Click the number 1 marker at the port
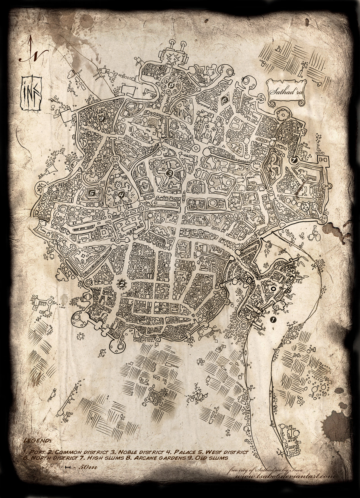point(272,320)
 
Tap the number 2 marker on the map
point(122,284)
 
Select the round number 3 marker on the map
point(170,173)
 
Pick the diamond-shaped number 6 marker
point(224,99)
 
